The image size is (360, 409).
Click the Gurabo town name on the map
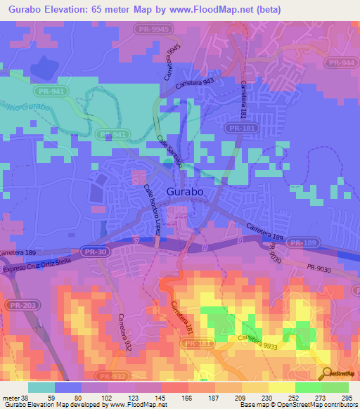(186, 191)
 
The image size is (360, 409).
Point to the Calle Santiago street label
(169, 151)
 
